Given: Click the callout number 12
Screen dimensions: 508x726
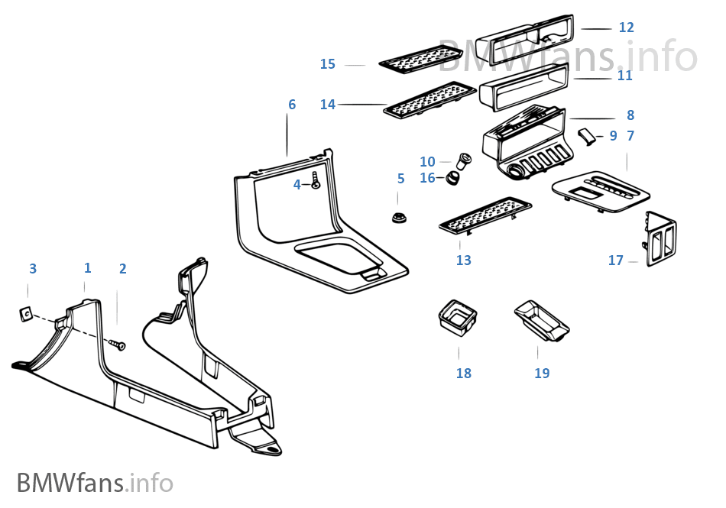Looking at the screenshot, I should pos(626,28).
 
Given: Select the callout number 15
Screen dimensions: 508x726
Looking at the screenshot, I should pos(328,64).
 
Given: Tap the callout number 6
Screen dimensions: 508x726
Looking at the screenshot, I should pos(292,104).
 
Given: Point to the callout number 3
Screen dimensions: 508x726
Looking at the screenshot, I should pos(33,268).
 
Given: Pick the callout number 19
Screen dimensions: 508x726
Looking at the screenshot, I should pos(542,373).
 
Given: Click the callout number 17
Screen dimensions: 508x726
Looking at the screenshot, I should pos(616,260).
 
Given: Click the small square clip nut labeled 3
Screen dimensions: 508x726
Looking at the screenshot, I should pos(25,312).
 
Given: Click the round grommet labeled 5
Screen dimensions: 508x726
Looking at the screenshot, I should pos(397,218).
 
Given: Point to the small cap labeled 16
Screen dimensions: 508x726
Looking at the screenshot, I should pos(453,179).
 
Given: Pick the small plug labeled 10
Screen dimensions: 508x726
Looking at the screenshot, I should pos(463,161).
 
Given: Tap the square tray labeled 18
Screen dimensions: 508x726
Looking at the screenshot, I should pos(458,315).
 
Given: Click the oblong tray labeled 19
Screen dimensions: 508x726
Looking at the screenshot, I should pos(542,319).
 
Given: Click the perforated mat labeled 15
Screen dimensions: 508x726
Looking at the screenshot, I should pos(420,58).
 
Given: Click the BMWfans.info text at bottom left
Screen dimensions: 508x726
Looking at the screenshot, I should pos(95,483).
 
